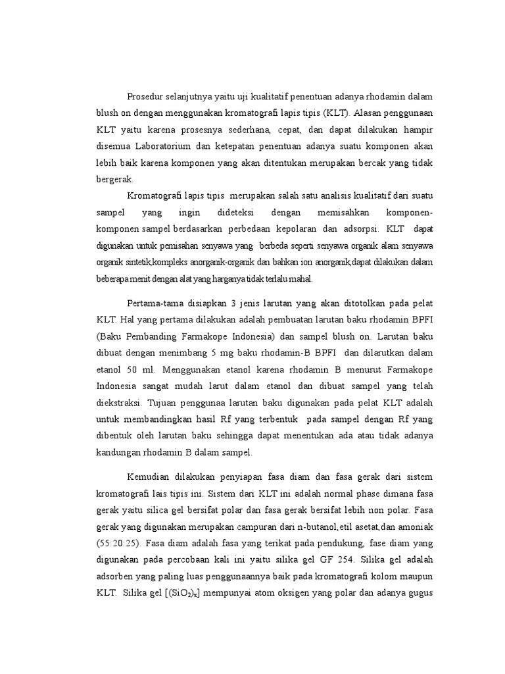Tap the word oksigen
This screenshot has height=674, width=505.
[x=287, y=592]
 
